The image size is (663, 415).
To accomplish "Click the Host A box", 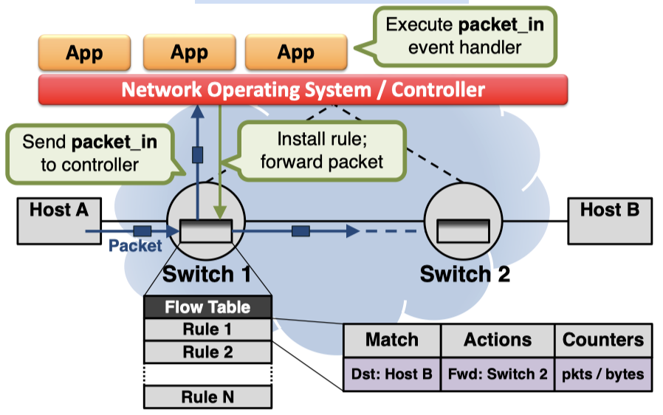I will click(x=58, y=220).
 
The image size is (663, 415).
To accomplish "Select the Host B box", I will click(x=609, y=220).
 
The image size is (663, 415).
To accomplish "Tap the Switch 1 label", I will click(x=206, y=275).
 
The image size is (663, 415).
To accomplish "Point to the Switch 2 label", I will click(x=464, y=275).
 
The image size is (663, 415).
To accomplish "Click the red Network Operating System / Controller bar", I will click(x=303, y=90).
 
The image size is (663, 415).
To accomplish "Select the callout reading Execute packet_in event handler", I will click(x=464, y=35).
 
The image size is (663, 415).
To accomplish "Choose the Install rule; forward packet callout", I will click(x=322, y=150).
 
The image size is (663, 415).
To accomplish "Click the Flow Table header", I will click(x=207, y=307).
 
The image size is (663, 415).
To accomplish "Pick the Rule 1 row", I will click(x=207, y=329).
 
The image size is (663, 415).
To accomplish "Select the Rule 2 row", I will click(x=207, y=352).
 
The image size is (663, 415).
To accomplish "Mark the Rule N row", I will click(x=207, y=397).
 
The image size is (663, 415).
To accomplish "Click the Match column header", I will click(x=391, y=340).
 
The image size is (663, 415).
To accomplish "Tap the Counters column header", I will click(x=603, y=340).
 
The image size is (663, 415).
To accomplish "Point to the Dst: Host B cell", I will click(x=391, y=374).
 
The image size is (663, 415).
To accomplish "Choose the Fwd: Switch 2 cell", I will click(x=498, y=374).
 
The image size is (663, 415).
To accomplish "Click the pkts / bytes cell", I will click(x=603, y=374).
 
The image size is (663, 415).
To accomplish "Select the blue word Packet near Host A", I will click(x=134, y=246).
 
